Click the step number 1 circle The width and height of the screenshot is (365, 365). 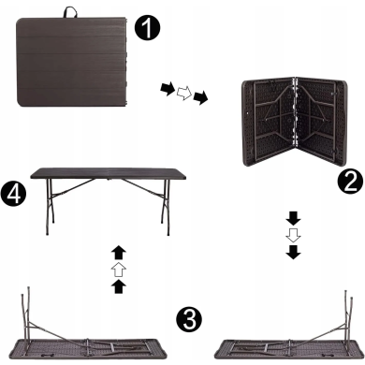(x=147, y=27)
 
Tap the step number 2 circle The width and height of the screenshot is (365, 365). (x=351, y=182)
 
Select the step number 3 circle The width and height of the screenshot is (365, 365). (x=189, y=319)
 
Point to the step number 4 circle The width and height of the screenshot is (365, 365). (x=13, y=194)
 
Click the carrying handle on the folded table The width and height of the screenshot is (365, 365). (x=70, y=12)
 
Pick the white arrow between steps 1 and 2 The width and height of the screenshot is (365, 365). (x=184, y=93)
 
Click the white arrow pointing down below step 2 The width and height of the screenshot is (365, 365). (x=293, y=236)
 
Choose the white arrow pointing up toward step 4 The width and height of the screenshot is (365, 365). (x=119, y=270)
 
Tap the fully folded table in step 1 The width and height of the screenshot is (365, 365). (x=72, y=62)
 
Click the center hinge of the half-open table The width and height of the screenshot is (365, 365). (x=294, y=112)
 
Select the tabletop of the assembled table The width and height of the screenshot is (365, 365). (x=109, y=173)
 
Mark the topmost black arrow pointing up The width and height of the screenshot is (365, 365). (x=119, y=253)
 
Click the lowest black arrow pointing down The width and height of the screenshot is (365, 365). (x=293, y=252)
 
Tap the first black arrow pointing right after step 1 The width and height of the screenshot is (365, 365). (x=168, y=89)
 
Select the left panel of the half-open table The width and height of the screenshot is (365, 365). (x=269, y=122)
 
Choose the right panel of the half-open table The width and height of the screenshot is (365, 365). (x=321, y=117)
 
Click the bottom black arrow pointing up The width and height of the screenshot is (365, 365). (x=119, y=286)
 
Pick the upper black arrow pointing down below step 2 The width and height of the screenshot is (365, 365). (x=293, y=218)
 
